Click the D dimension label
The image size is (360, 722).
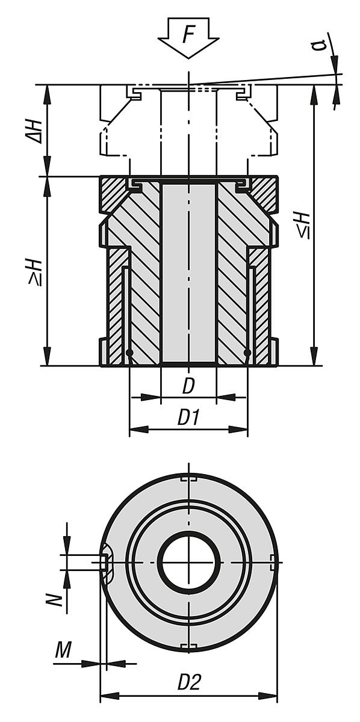tap(188, 387)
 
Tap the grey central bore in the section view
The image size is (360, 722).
tap(188, 274)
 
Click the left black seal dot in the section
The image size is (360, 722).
tap(129, 352)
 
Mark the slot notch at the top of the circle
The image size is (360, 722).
tap(188, 479)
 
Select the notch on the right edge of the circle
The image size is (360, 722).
tap(274, 563)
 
